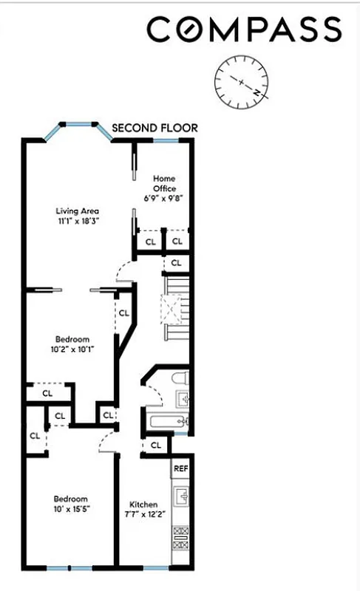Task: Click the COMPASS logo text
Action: (244, 30)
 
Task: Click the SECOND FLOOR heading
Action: (154, 128)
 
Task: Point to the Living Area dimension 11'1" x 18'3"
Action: (78, 221)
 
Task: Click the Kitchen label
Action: (143, 505)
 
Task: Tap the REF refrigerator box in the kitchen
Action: (180, 468)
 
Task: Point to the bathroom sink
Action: (184, 400)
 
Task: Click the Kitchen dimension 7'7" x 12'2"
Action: (143, 514)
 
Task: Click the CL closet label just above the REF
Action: (156, 445)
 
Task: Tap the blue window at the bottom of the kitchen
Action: (154, 567)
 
